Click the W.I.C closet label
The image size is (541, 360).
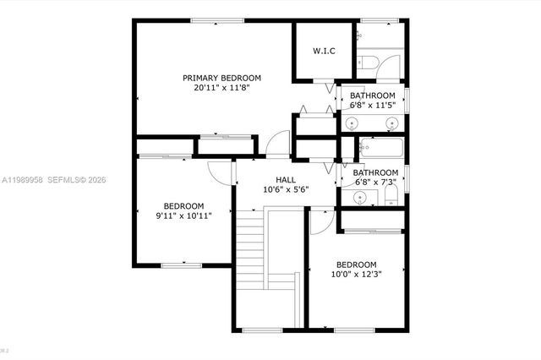[324, 52]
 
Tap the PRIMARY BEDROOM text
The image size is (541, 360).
[221, 78]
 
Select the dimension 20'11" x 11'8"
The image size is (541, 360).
[221, 87]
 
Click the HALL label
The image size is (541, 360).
[286, 179]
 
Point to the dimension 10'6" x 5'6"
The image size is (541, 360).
[286, 189]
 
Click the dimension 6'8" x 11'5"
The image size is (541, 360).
[373, 106]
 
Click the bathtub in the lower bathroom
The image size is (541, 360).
[380, 150]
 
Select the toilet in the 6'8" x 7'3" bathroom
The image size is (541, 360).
[391, 197]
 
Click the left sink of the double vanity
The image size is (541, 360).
[353, 123]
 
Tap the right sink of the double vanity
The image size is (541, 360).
[391, 123]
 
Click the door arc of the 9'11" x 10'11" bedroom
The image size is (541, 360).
[221, 172]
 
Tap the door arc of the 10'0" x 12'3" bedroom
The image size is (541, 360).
[322, 221]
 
